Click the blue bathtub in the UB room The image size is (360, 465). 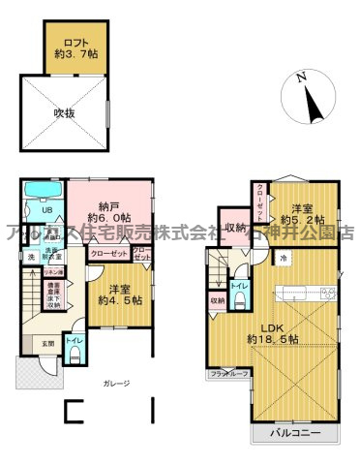(x=43, y=190)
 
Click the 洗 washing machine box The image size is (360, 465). (x=30, y=256)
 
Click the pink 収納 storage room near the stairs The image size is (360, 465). (x=234, y=229)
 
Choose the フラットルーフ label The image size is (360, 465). (x=229, y=372)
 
